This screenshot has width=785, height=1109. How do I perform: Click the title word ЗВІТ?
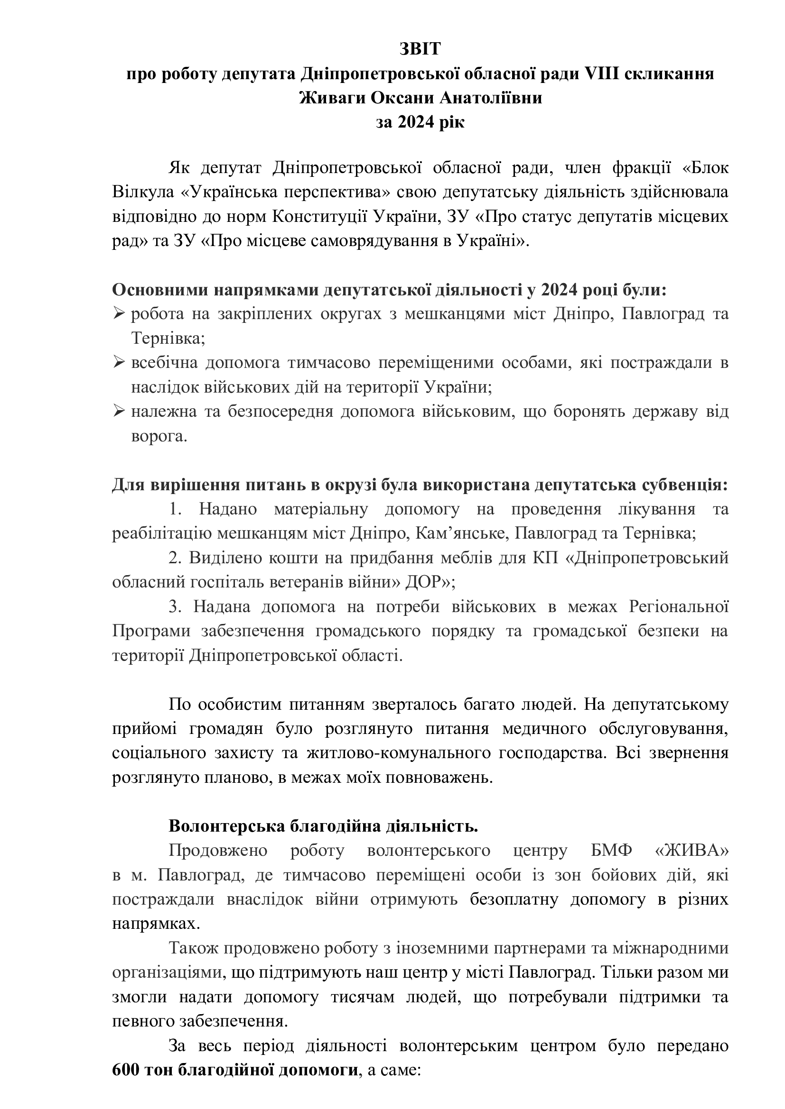pos(420,49)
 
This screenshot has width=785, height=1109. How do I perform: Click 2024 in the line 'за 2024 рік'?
pos(414,122)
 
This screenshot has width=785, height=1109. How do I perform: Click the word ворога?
pos(159,436)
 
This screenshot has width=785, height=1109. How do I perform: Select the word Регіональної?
pos(679,607)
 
